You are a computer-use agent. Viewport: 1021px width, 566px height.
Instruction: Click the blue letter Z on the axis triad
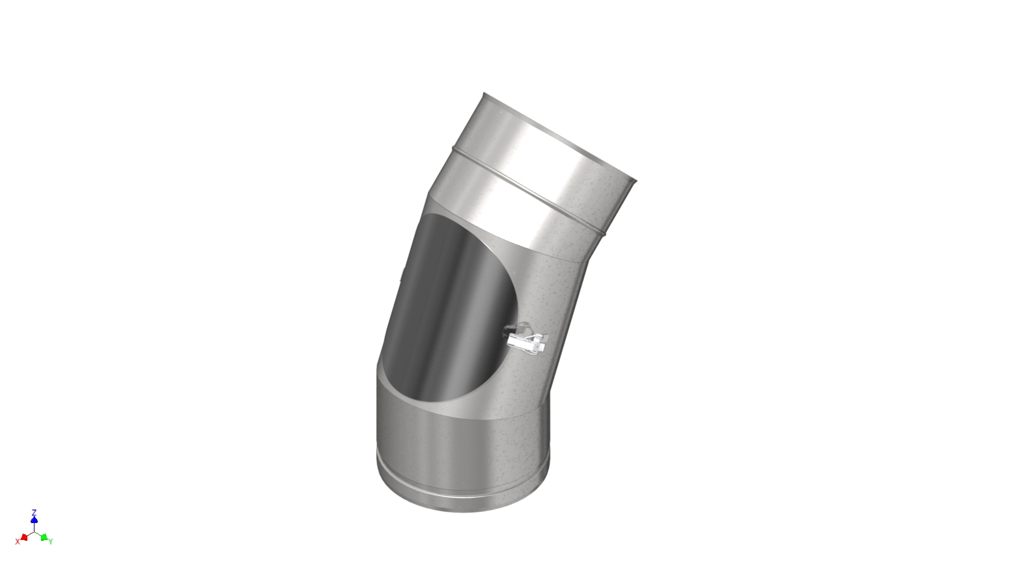(34, 512)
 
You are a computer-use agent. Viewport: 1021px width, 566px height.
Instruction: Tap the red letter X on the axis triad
(18, 541)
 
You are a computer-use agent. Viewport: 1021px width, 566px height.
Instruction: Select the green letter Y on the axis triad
(51, 541)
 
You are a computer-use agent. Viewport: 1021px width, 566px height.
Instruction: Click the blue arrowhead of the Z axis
(34, 520)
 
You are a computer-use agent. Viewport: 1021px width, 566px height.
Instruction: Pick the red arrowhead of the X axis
(24, 537)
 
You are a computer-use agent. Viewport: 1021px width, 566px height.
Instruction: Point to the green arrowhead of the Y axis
(44, 537)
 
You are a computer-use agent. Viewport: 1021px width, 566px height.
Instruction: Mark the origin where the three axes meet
(34, 532)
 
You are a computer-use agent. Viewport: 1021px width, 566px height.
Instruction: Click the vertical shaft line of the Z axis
(34, 526)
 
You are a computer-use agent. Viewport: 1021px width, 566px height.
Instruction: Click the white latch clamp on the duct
(526, 342)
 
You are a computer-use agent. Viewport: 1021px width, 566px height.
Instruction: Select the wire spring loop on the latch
(518, 329)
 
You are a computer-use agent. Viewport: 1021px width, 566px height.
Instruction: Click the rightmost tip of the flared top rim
(636, 180)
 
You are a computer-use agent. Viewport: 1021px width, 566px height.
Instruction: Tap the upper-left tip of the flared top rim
(484, 94)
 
